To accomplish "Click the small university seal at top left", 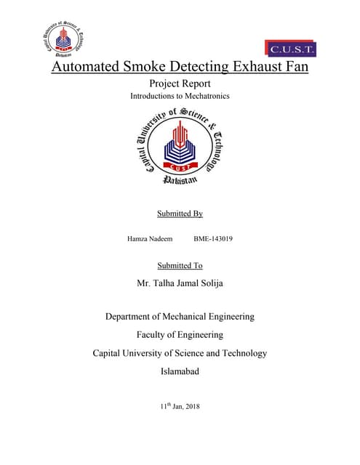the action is click(62, 41).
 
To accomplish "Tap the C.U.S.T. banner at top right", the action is click(292, 49).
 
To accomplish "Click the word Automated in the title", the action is click(92, 69).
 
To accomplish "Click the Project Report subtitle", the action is click(180, 84).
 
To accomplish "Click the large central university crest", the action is click(180, 145).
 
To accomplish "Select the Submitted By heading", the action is click(180, 214).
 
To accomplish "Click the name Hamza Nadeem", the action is click(150, 238).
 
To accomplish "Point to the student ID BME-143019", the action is click(213, 238).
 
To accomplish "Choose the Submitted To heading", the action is click(180, 265).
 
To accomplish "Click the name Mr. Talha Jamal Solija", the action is click(180, 283).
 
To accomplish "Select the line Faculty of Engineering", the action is click(180, 335).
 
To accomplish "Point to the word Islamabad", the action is click(180, 371).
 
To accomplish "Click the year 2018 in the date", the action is click(191, 405).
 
